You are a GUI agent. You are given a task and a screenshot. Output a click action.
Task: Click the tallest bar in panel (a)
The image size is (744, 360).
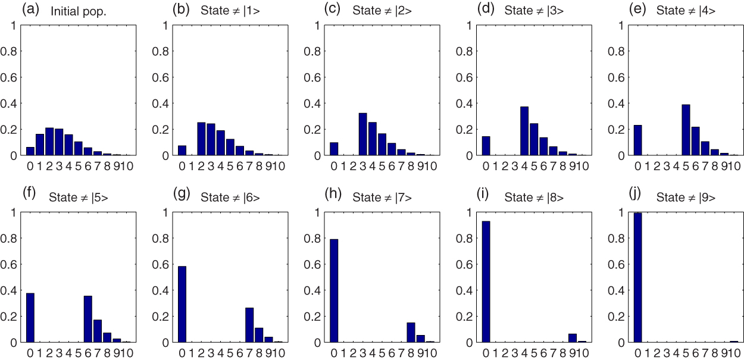point(49,142)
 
